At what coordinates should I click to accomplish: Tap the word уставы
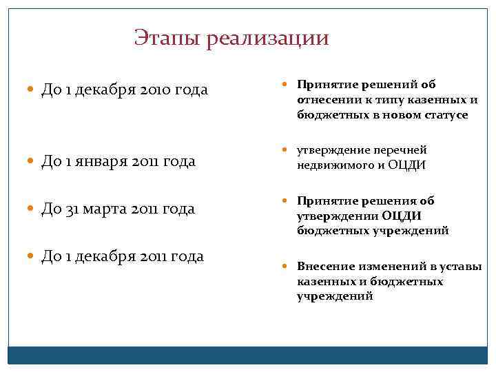pos(463,267)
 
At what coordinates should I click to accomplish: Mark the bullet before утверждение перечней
pos(289,150)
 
